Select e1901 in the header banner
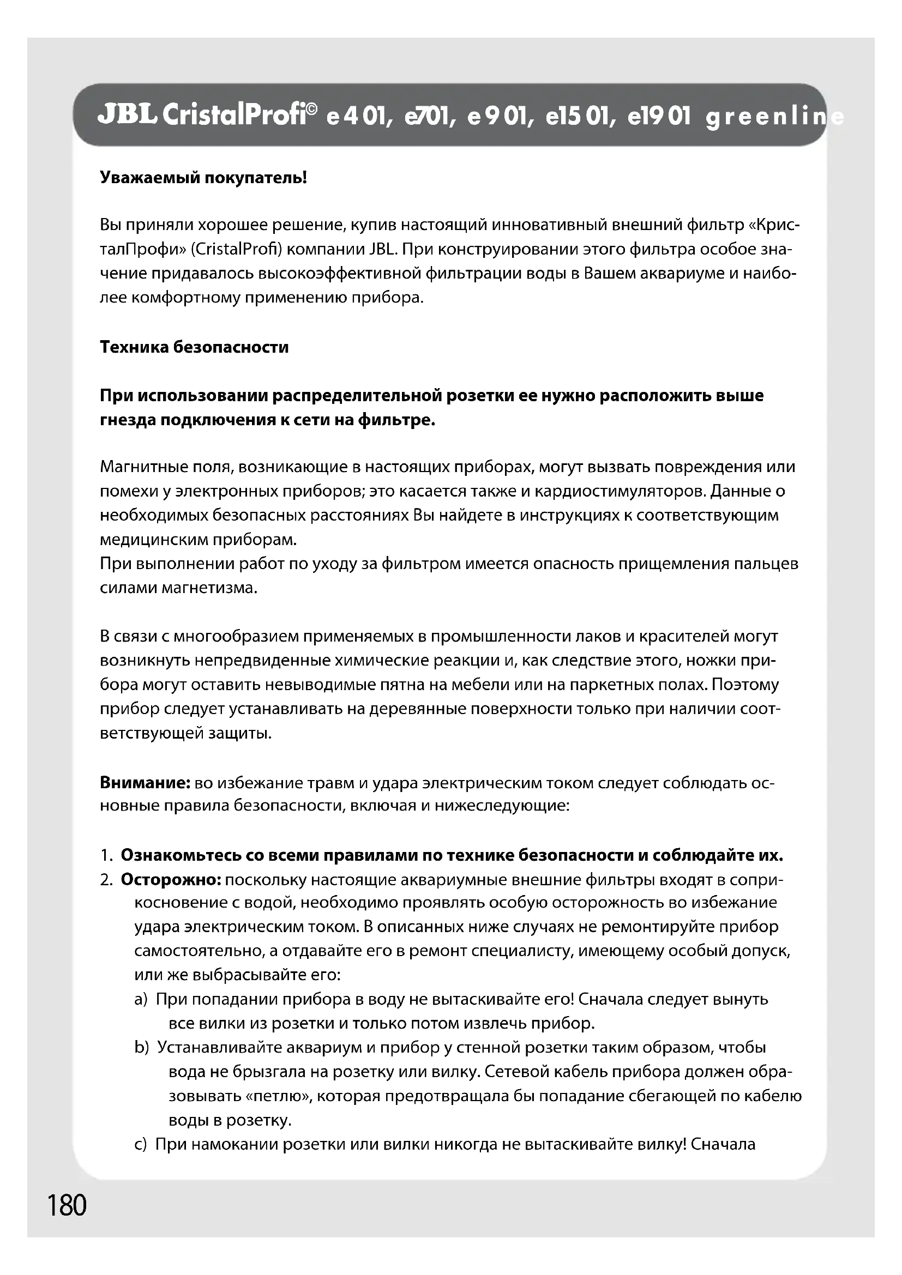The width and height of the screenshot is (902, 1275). coord(659,117)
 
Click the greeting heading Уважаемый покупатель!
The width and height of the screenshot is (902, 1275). coord(203,178)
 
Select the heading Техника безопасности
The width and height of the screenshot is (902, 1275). coord(194,347)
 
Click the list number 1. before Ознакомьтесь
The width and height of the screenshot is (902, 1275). coord(107,855)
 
